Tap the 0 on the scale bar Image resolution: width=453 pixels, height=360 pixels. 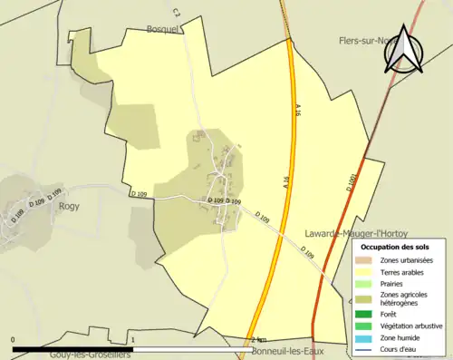[x=13, y=340]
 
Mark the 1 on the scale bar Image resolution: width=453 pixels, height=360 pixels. [x=133, y=340]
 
